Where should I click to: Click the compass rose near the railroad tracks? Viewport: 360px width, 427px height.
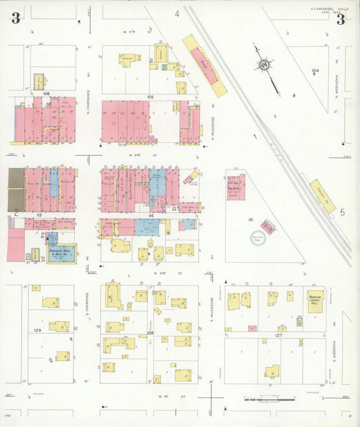264,65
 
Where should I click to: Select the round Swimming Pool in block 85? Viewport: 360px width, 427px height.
259,238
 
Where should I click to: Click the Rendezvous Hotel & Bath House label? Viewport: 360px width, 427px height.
61,253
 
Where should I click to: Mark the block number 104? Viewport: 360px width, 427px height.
315,70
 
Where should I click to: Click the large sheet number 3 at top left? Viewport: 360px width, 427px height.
15,18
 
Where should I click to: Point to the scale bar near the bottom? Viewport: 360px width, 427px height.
263,399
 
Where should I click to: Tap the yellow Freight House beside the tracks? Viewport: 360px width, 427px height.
322,196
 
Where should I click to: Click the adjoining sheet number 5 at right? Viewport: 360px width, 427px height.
342,212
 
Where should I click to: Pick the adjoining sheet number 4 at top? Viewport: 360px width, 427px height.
177,14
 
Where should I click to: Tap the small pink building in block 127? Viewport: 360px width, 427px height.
251,328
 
